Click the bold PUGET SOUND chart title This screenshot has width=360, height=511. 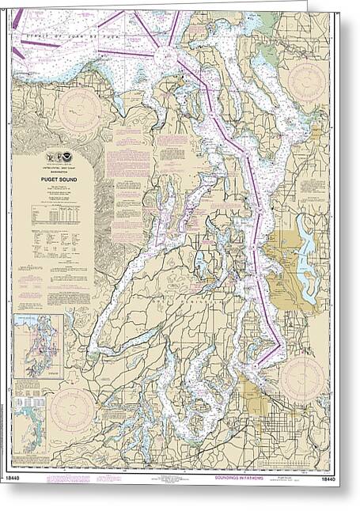[x=53, y=178]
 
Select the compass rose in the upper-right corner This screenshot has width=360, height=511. [x=306, y=81]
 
